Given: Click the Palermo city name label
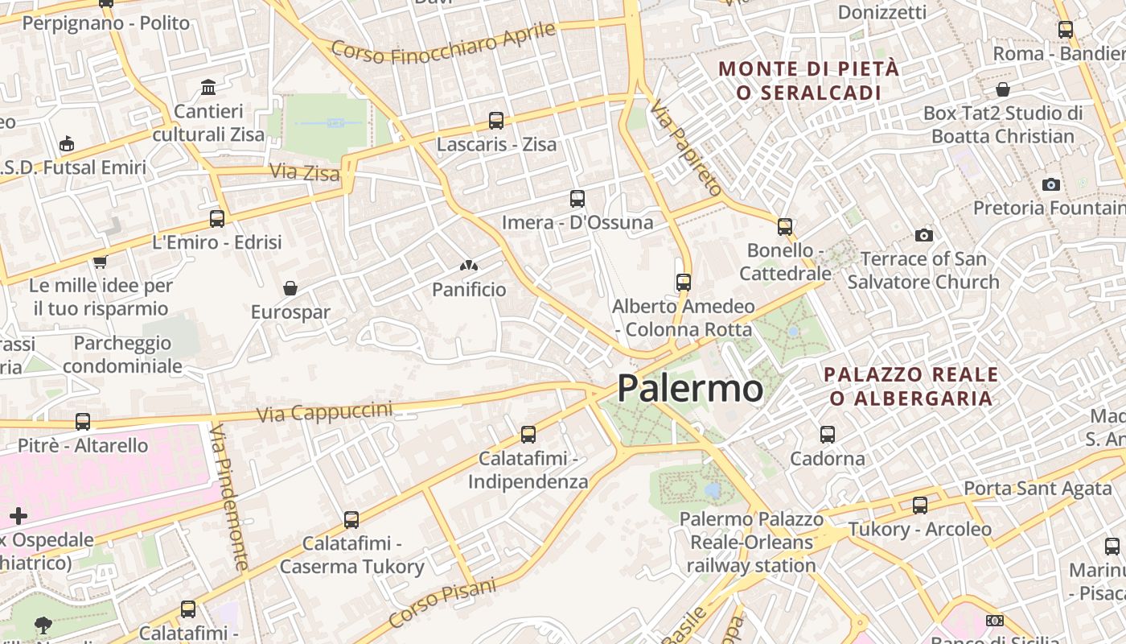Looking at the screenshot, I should coord(690,389).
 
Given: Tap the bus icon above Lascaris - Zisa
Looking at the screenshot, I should coord(496,121).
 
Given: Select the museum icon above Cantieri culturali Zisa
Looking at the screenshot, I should coord(208,87).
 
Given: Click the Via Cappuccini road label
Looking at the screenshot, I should coord(325,412).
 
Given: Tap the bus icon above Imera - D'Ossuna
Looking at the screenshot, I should coord(577,198).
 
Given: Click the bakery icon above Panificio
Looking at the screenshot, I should coord(469,266).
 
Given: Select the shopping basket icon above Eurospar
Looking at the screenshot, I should coord(290,288).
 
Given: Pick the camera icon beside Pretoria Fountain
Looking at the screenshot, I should coord(1050,184).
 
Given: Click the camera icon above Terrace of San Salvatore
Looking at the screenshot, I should coord(923,235).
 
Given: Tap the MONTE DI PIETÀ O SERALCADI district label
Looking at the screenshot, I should coord(808,80).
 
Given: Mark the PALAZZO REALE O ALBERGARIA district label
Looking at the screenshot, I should coord(911,386).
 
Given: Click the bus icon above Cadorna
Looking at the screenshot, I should coord(828,435).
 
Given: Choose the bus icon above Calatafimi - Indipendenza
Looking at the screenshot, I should coord(528,435).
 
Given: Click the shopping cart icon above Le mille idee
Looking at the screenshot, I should coord(101,262).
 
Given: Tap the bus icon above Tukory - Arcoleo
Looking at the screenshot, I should coord(920,506).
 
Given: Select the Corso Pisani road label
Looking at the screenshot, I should coord(442,603).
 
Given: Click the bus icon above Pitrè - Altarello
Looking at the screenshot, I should coord(83,421).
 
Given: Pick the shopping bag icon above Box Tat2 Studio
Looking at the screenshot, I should coord(1003,89).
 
